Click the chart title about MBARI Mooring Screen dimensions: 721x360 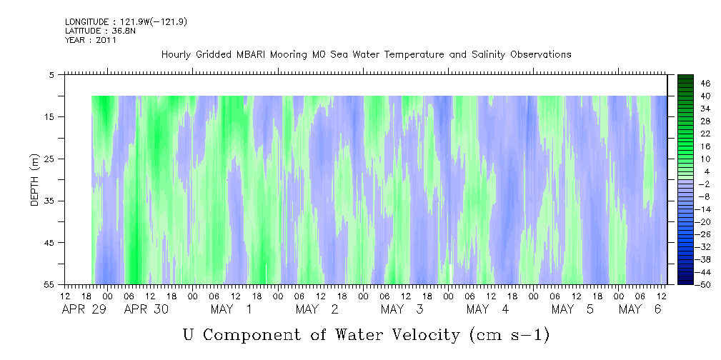click(x=366, y=55)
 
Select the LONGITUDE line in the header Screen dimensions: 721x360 click(x=126, y=22)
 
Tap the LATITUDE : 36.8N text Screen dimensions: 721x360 click(x=100, y=31)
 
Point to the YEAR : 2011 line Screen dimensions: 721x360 click(x=91, y=40)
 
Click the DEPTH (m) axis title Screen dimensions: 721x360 click(x=35, y=180)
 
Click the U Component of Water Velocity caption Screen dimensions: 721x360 click(x=367, y=335)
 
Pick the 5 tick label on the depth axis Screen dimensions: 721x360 click(x=51, y=75)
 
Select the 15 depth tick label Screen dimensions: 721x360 click(x=49, y=116)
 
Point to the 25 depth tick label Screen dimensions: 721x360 click(x=49, y=159)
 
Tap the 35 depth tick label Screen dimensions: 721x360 click(x=49, y=201)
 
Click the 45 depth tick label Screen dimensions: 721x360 click(x=49, y=243)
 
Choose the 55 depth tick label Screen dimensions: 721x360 click(x=49, y=284)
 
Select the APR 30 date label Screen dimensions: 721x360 click(x=146, y=309)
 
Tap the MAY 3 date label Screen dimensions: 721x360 click(x=402, y=309)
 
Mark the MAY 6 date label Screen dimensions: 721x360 click(x=640, y=309)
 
